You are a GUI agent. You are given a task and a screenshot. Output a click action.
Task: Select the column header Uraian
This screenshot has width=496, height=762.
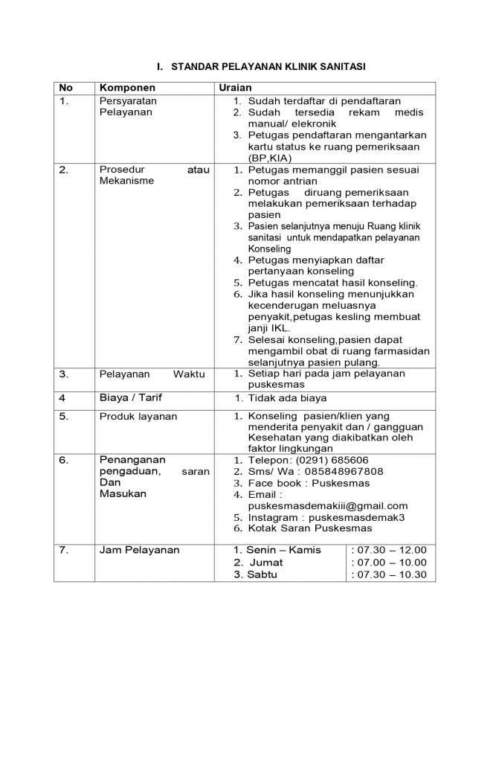pos(236,88)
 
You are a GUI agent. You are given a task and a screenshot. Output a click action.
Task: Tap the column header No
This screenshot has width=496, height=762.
pos(65,88)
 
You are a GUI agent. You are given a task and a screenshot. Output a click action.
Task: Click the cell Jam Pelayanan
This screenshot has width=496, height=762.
pos(140,550)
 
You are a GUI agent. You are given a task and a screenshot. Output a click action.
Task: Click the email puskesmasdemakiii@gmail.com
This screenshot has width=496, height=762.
pos(327,505)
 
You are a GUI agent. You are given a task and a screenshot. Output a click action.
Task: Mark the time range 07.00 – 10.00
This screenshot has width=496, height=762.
pos(389,563)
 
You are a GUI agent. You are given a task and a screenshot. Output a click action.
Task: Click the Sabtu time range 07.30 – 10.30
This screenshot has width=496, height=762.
pos(389,574)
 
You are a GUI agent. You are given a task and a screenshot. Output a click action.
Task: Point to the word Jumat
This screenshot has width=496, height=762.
pos(265,563)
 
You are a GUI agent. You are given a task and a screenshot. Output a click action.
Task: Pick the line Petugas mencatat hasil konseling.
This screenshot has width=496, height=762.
pos(333,283)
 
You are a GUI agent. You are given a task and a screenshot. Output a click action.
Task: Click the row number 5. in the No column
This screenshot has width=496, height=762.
pos(64,417)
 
